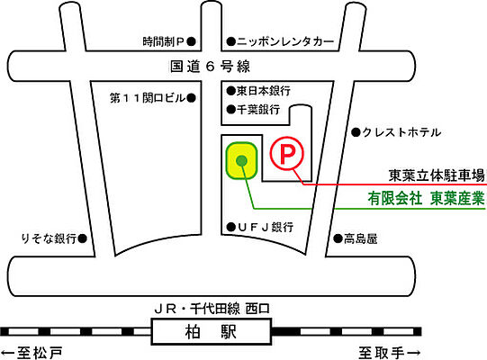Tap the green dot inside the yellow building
pos(241,161)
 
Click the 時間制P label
pos(163,41)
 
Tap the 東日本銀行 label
pos(263,91)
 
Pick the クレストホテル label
pos(402,132)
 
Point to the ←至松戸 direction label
pos(34,352)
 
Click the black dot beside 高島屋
pos(336,238)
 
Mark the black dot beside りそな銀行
pos(82,238)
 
